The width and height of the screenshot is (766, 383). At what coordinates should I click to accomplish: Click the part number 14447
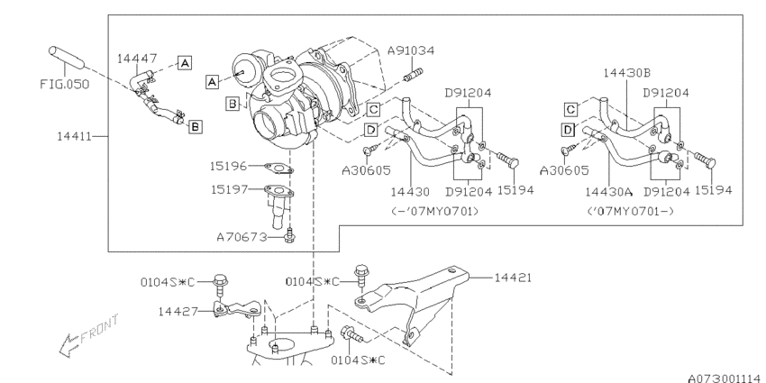137,59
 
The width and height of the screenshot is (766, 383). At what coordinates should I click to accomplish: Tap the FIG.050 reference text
65,84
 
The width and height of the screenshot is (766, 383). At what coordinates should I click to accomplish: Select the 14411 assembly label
74,136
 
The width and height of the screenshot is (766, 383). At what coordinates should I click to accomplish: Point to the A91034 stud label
411,50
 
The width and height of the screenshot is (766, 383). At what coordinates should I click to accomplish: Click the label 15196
229,166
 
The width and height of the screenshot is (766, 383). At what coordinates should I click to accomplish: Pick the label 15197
229,188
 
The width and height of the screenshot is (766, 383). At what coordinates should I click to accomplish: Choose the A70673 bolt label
242,237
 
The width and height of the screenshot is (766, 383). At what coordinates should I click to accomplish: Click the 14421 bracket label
513,278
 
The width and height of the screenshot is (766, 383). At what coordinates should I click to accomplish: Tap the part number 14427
177,311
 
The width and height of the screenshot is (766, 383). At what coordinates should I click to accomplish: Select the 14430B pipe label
627,73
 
